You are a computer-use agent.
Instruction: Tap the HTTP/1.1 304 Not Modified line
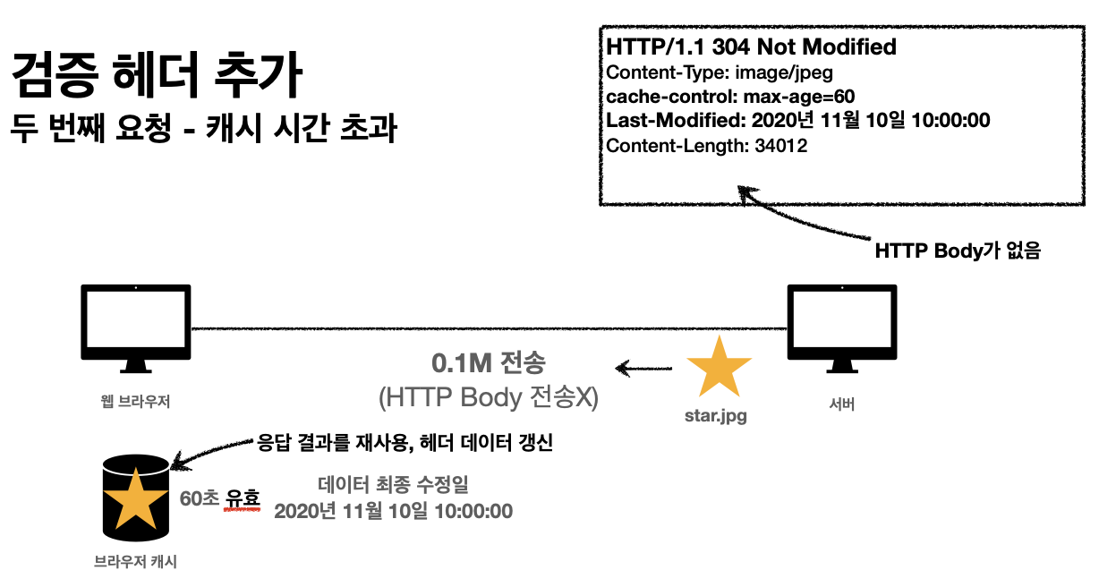point(751,47)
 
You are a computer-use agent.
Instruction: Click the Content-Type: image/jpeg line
point(720,72)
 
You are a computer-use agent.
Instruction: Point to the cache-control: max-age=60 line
point(731,97)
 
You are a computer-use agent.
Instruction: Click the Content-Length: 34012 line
point(707,145)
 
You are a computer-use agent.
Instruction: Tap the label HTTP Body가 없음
point(958,252)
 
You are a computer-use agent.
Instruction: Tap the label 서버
point(841,404)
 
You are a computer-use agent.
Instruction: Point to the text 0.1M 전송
point(488,364)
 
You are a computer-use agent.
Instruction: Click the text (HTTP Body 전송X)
point(488,398)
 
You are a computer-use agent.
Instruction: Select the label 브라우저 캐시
point(136,561)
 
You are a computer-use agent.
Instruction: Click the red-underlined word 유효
point(242,498)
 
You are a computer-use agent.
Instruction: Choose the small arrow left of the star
point(643,367)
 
